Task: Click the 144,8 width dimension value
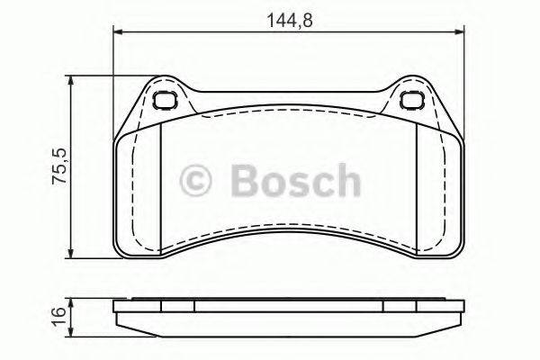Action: click(x=290, y=16)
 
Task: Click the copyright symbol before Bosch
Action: click(x=196, y=181)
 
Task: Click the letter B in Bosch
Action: click(x=244, y=180)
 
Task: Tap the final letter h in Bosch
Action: click(x=345, y=180)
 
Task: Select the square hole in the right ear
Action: click(x=412, y=101)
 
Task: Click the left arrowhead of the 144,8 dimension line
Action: click(x=118, y=34)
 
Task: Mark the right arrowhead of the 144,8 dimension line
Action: click(x=462, y=34)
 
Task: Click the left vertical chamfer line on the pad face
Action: click(x=158, y=189)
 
